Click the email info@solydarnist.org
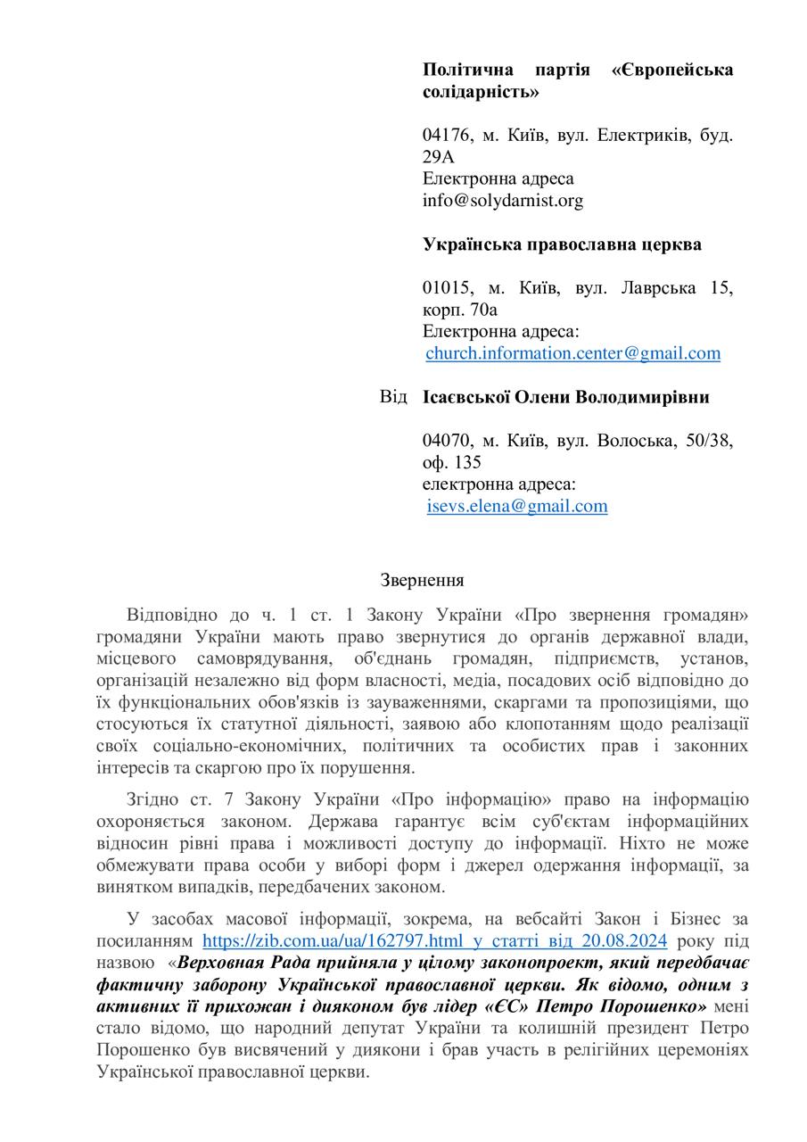click(x=502, y=200)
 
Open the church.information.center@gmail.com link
click(x=572, y=353)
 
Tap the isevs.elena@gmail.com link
click(x=517, y=506)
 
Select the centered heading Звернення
click(x=422, y=580)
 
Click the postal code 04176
click(x=447, y=136)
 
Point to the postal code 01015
click(x=447, y=288)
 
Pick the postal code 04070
click(x=447, y=441)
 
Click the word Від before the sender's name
click(x=392, y=397)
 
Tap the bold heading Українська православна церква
click(x=562, y=244)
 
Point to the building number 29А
click(x=438, y=157)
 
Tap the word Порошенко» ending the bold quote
click(x=663, y=1006)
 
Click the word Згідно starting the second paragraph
click(x=154, y=799)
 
